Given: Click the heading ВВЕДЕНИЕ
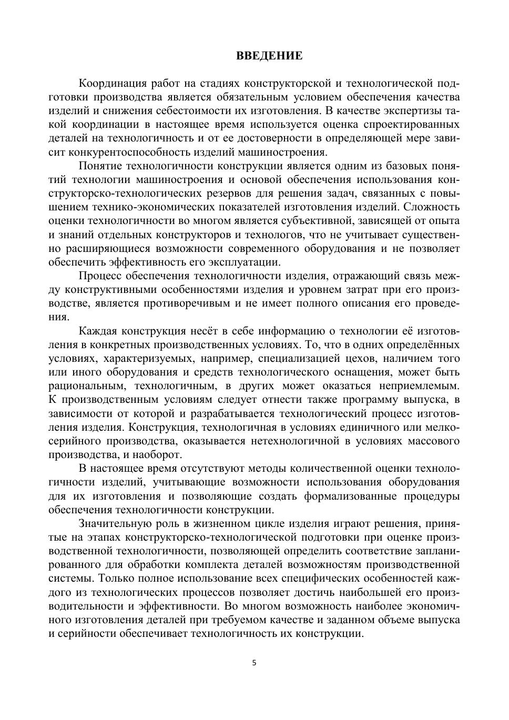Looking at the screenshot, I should pos(269,56).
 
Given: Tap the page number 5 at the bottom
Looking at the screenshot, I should pos(254,663).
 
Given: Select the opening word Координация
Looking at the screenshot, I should pos(111,84).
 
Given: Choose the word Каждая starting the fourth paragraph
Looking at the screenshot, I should pos(97,331).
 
